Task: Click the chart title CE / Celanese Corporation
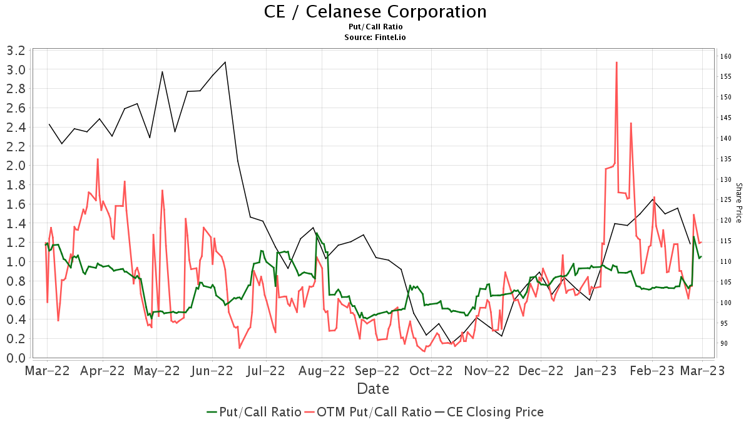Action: tap(375, 11)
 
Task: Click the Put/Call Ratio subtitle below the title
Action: tap(375, 27)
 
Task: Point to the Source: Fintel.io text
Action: tap(375, 38)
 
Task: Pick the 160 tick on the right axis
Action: tap(726, 56)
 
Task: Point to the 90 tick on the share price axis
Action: tap(724, 344)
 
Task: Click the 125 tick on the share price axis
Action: tap(726, 200)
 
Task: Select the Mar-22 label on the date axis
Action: tap(47, 371)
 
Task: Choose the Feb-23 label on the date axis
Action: tap(652, 371)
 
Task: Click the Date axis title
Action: tap(373, 389)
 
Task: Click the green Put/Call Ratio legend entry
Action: tap(253, 412)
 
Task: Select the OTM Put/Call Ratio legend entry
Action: tap(367, 412)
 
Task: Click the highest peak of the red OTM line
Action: tap(616, 63)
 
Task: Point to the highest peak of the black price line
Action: tap(225, 62)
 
